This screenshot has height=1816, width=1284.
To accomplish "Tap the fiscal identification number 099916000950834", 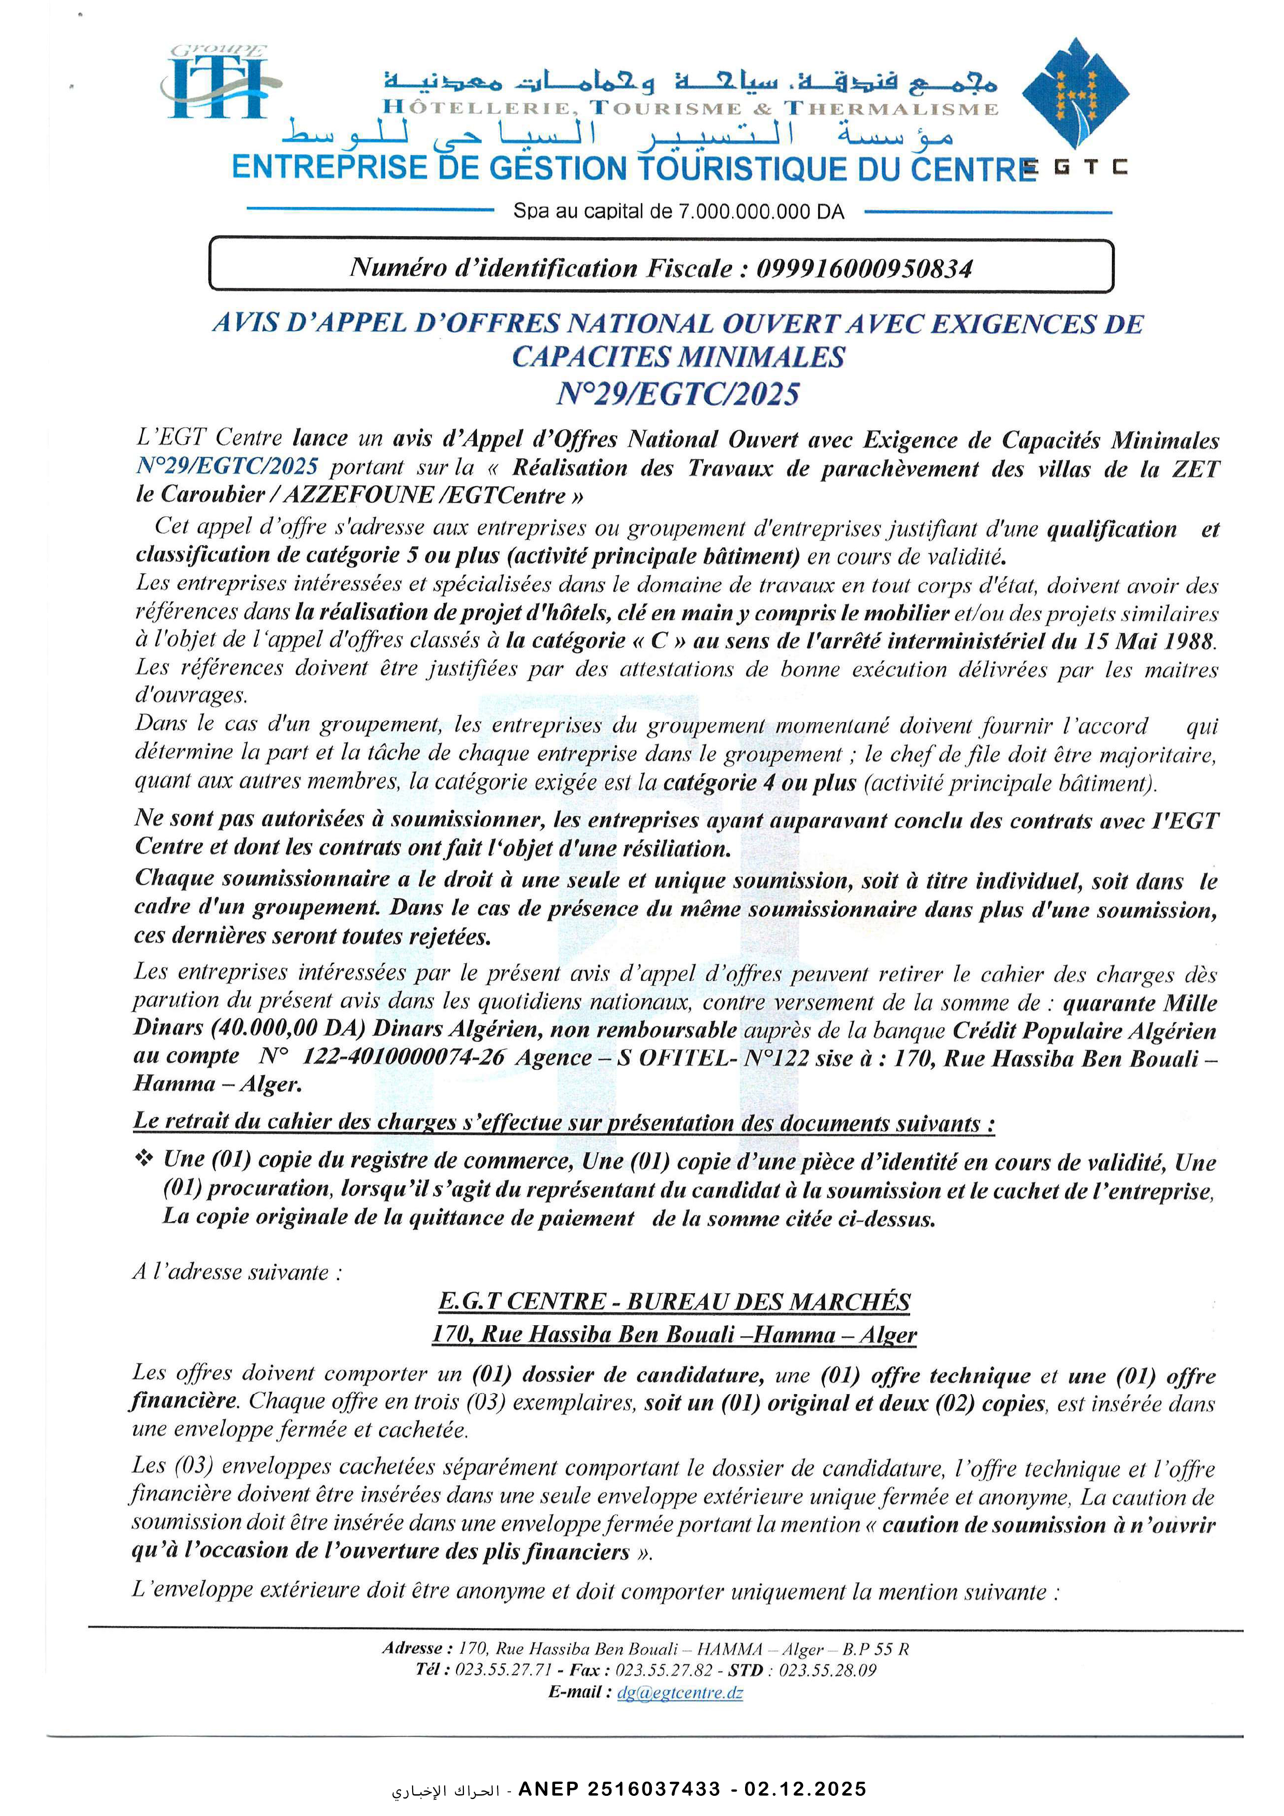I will tap(864, 269).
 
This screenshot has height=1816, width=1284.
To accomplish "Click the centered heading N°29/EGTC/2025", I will tap(678, 393).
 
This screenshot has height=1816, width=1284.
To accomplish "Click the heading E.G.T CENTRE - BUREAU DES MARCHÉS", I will tap(674, 1302).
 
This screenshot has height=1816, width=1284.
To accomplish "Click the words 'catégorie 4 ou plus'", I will tap(760, 783).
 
